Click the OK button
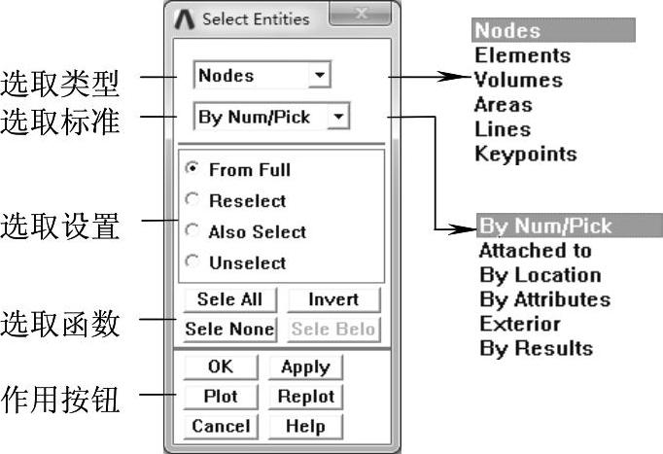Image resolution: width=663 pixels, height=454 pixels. (x=221, y=367)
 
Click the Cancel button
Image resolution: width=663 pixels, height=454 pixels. (x=221, y=426)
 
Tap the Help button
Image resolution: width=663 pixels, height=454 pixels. (x=304, y=426)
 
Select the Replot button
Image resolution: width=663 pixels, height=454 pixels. (x=304, y=397)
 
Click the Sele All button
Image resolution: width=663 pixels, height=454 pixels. (x=229, y=299)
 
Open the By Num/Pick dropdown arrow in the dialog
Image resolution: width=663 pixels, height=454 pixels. (x=338, y=117)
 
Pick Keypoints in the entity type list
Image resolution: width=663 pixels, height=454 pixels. (x=525, y=154)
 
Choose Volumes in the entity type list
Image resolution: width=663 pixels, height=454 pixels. (x=518, y=80)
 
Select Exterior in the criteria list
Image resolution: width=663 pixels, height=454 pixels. (x=519, y=324)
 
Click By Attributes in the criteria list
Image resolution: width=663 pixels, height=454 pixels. (x=544, y=299)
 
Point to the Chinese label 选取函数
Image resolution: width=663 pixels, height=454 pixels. (x=60, y=323)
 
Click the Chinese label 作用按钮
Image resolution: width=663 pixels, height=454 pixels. (x=60, y=399)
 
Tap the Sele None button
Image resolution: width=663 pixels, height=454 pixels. (x=229, y=329)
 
